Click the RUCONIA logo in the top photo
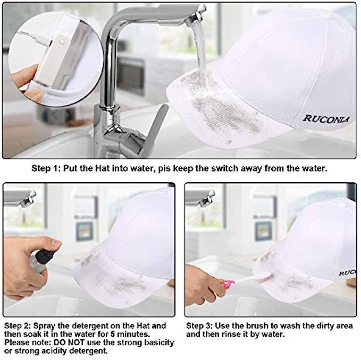tap(326, 119)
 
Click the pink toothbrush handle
tap(228, 284)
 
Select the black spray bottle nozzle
tap(47, 254)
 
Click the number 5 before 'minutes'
tap(113, 335)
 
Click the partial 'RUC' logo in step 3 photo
tap(347, 272)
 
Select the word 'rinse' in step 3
tap(232, 335)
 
